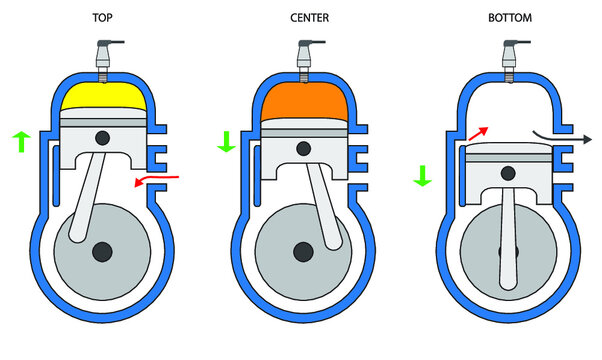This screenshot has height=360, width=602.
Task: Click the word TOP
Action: [101, 18]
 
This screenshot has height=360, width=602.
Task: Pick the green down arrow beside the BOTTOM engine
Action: [421, 176]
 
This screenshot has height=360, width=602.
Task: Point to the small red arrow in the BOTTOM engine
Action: [477, 134]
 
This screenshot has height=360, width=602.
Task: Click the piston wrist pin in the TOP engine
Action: [101, 136]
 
